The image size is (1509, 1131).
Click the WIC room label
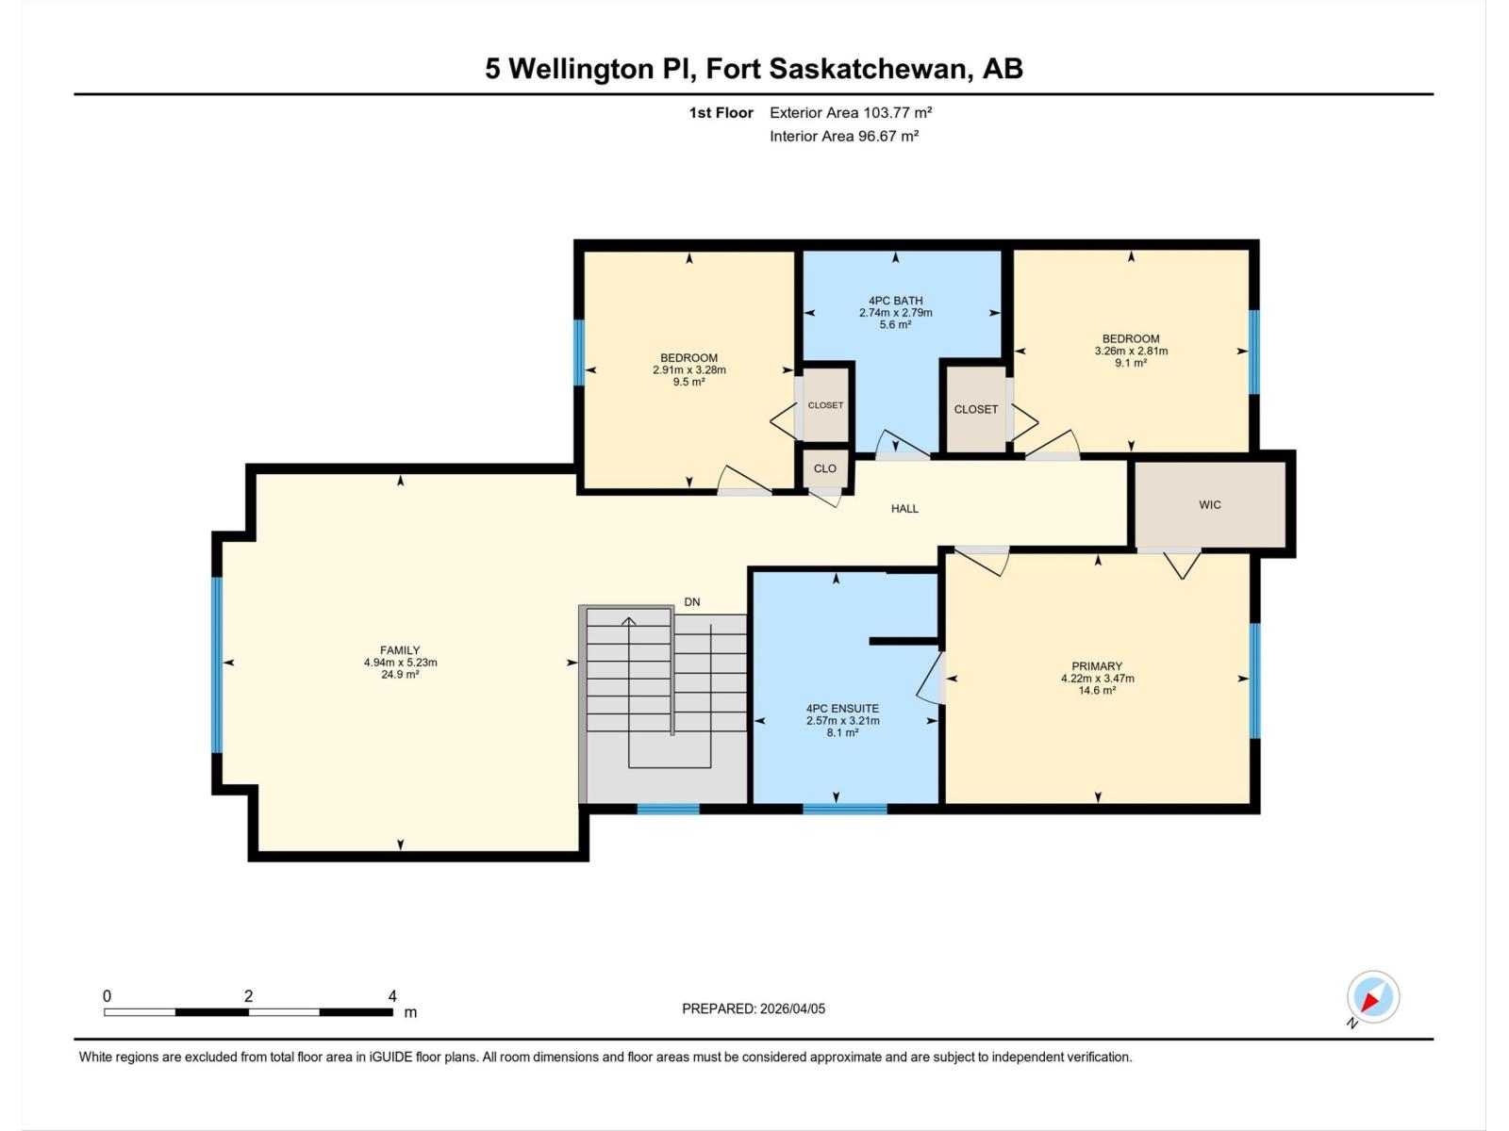click(x=1210, y=505)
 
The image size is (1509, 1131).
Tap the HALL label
click(x=904, y=509)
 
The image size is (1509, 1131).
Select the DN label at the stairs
click(x=692, y=602)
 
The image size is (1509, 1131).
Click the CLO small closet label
click(x=825, y=468)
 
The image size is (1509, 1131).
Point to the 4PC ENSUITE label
click(x=842, y=709)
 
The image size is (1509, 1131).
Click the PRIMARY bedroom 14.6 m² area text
click(x=1097, y=691)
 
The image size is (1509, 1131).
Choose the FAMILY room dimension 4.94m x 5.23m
click(x=400, y=663)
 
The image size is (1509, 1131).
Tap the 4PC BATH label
click(x=895, y=301)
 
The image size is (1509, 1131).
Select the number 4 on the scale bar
click(x=392, y=996)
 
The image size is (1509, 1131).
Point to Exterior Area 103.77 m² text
click(x=851, y=112)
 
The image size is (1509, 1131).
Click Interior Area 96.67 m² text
click(x=844, y=136)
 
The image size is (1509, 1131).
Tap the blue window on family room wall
click(x=217, y=664)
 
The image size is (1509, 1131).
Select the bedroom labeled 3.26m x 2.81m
click(x=1131, y=351)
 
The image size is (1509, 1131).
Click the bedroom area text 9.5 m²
click(x=688, y=383)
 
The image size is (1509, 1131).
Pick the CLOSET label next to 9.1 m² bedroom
click(x=975, y=409)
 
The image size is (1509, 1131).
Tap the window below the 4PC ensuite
click(x=844, y=809)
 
